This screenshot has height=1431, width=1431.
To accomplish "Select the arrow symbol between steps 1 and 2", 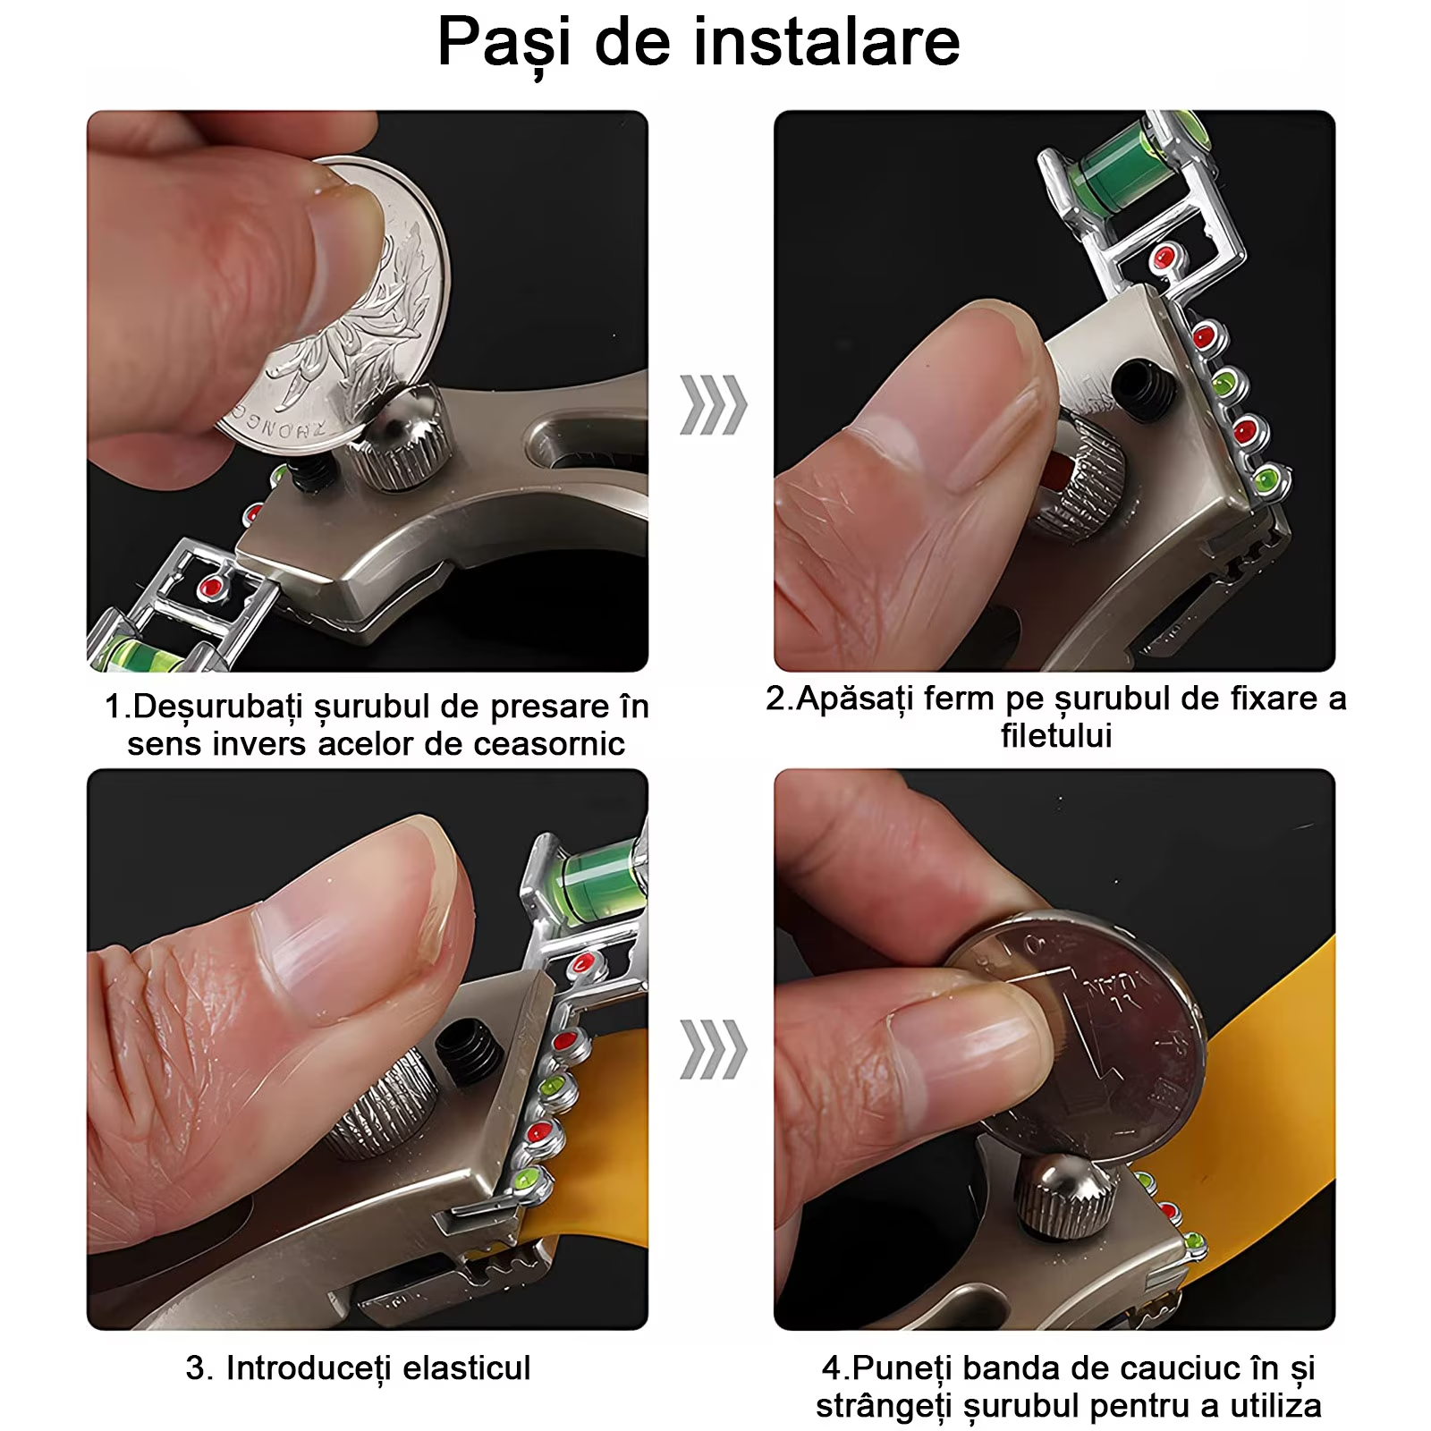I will click(713, 405).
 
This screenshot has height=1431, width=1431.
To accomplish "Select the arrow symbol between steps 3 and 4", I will click(713, 1048).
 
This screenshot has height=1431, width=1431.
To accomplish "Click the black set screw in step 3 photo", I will click(469, 1051).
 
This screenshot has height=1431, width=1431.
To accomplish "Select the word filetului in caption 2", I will click(1055, 736).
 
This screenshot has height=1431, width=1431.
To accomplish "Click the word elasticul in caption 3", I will click(466, 1367).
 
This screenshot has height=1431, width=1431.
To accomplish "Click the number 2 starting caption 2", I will click(775, 699).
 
